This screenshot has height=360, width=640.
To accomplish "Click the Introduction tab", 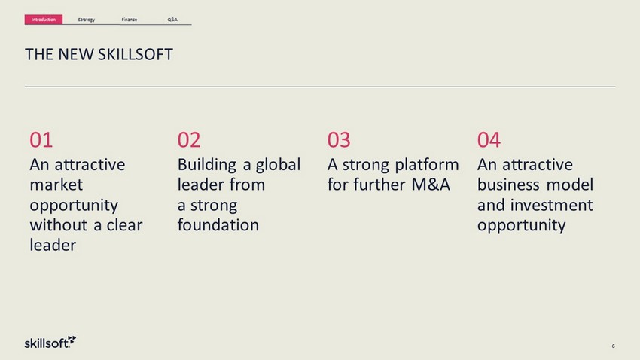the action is pyautogui.click(x=44, y=20).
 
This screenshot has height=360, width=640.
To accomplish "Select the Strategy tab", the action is pyautogui.click(x=86, y=20).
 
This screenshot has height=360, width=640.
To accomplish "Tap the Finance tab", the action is pyautogui.click(x=129, y=20).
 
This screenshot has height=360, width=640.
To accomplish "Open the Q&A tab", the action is pyautogui.click(x=172, y=20).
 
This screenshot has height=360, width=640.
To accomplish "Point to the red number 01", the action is pyautogui.click(x=41, y=140).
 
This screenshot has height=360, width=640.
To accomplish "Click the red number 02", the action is pyautogui.click(x=189, y=140).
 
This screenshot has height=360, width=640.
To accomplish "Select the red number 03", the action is pyautogui.click(x=339, y=140).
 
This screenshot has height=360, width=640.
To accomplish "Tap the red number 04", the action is pyautogui.click(x=489, y=140).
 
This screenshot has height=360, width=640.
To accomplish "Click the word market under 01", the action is pyautogui.click(x=56, y=185).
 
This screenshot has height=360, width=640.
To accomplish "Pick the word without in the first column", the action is pyautogui.click(x=59, y=225).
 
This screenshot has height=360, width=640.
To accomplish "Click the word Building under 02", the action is pyautogui.click(x=207, y=165).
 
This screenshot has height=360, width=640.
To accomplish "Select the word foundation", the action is pyautogui.click(x=218, y=225).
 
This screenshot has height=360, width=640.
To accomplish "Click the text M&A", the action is pyautogui.click(x=431, y=185).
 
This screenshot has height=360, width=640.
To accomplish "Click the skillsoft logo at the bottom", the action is pyautogui.click(x=50, y=343).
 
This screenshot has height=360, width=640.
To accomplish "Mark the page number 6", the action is pyautogui.click(x=613, y=346).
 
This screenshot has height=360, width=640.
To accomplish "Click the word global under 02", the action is pyautogui.click(x=278, y=165).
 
